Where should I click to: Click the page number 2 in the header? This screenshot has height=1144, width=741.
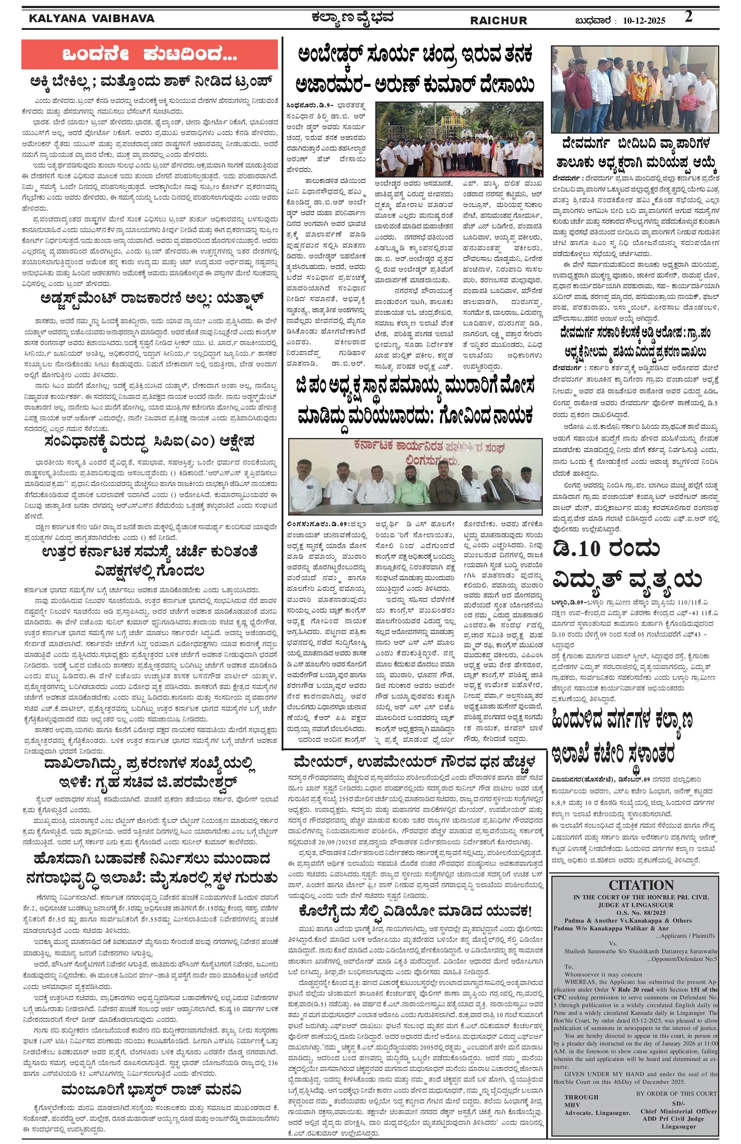pyautogui.click(x=689, y=17)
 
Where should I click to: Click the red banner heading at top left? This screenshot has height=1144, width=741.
pyautogui.click(x=149, y=54)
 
